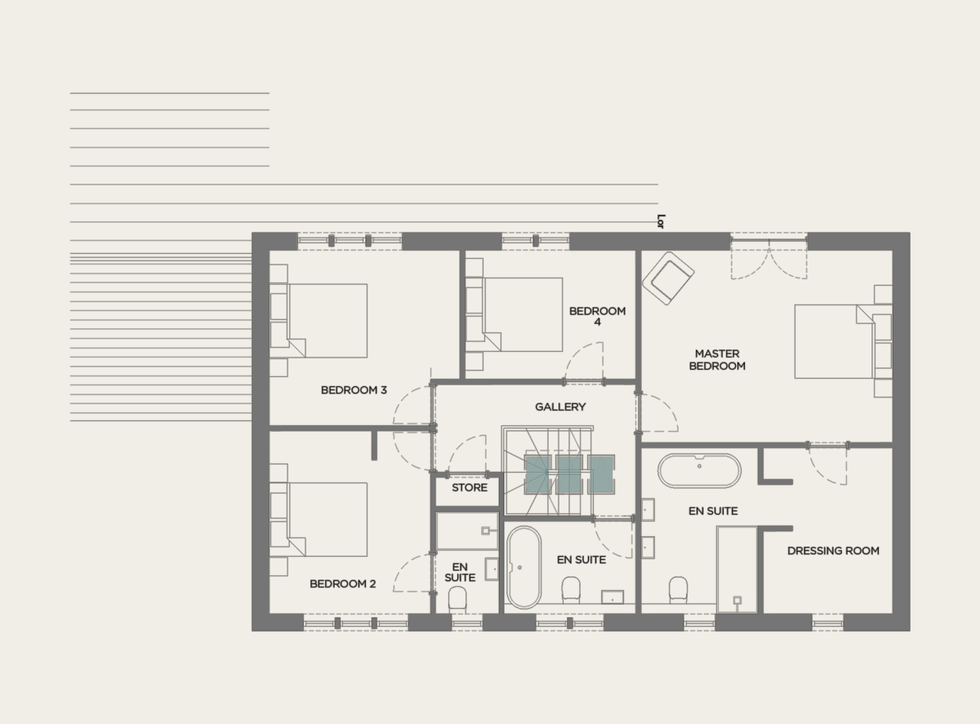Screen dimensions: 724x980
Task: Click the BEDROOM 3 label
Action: point(354,390)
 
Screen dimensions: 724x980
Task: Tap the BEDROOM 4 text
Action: point(597,317)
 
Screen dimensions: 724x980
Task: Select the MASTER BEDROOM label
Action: point(717,360)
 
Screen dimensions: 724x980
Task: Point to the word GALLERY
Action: point(560,406)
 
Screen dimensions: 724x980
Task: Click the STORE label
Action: point(470,488)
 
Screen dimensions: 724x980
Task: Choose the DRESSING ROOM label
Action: point(833,551)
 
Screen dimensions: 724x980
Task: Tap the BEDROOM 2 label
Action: point(343,584)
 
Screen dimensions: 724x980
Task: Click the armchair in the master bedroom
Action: point(668,278)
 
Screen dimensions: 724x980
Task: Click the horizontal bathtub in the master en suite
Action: point(700,471)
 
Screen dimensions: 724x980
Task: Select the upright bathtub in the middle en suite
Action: point(523,568)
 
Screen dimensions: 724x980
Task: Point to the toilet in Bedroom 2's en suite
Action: point(458,598)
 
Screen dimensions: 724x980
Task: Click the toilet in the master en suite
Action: point(679,589)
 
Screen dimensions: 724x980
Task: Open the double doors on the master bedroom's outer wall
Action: point(768,256)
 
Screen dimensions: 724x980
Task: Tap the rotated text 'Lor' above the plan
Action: point(661,220)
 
